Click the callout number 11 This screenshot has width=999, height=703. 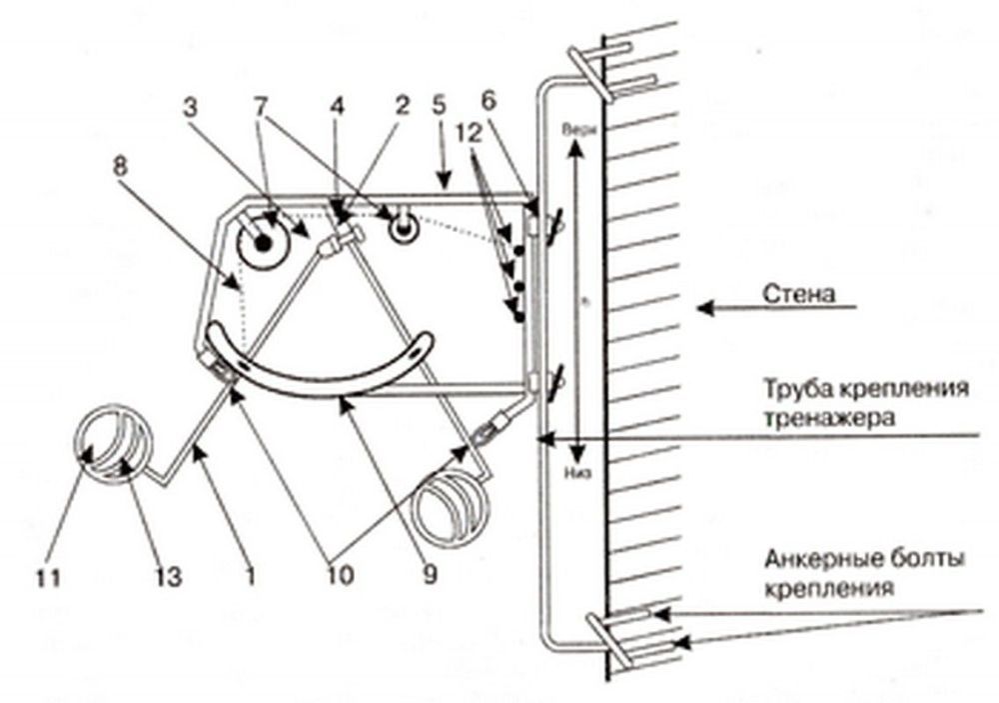click(x=49, y=577)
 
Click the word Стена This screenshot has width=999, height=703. click(x=798, y=295)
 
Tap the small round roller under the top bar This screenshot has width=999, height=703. click(x=405, y=228)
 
